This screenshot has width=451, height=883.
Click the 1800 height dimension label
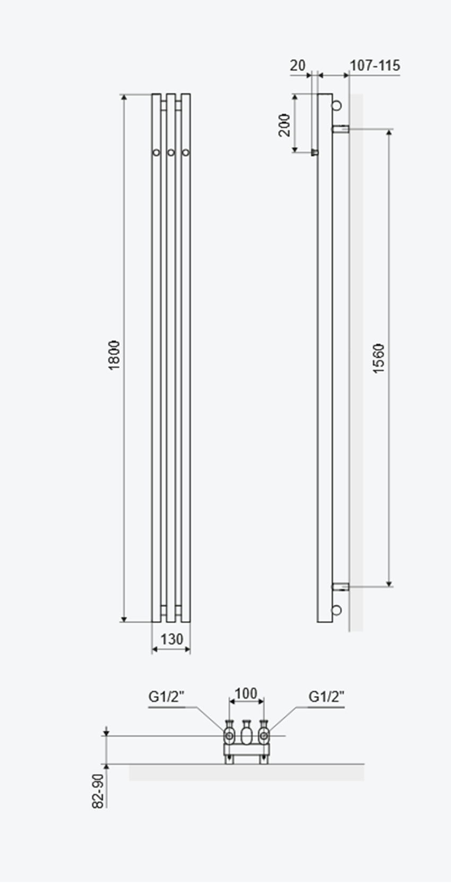click(114, 355)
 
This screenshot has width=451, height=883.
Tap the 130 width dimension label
click(172, 639)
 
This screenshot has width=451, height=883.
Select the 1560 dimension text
click(378, 358)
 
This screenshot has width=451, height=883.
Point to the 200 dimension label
click(284, 125)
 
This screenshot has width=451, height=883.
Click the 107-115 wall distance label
click(375, 65)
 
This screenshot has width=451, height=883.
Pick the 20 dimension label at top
click(298, 65)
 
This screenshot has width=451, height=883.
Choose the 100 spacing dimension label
click(246, 693)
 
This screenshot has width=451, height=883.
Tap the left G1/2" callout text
click(166, 697)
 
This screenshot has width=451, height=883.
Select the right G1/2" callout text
click(326, 697)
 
